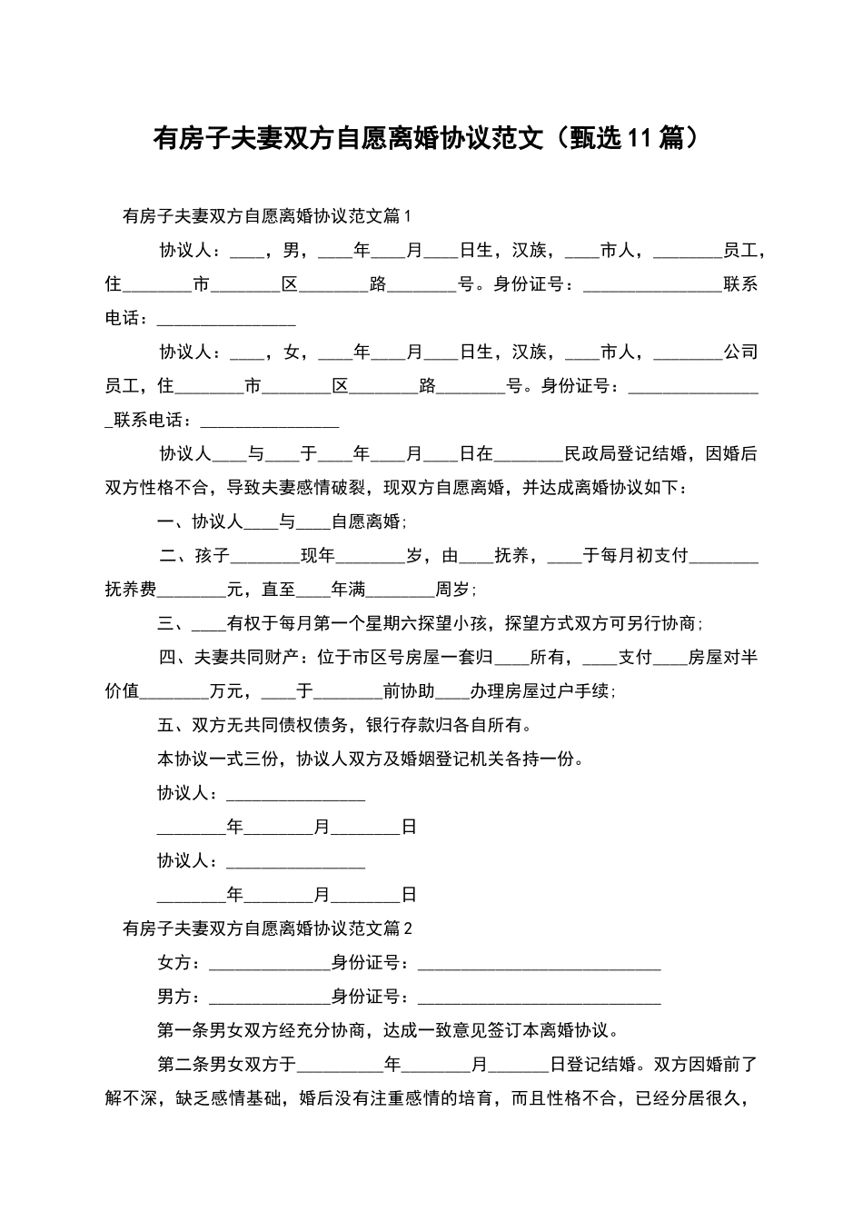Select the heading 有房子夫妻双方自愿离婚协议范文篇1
point(267,216)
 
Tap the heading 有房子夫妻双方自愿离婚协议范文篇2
point(267,928)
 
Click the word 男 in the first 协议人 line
point(292,250)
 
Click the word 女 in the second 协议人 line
point(292,352)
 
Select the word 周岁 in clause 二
point(452,590)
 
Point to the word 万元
point(226,691)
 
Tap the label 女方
point(174,963)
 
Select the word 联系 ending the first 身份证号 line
point(740,284)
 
